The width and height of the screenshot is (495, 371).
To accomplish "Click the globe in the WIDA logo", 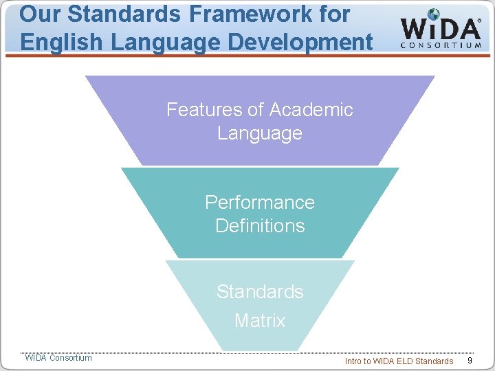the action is click(434, 15).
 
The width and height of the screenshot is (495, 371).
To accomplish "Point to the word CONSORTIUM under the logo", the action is click(441, 45).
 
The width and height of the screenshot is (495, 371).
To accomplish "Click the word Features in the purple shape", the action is click(204, 110).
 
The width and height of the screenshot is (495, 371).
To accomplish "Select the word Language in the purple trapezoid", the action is click(260, 133).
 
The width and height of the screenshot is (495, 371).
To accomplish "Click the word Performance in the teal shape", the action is click(260, 202).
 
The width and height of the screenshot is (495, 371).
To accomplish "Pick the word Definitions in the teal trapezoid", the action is click(260, 225).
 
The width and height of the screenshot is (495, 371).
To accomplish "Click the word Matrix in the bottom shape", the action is click(260, 320).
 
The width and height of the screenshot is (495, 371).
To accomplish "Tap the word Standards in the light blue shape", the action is click(260, 291).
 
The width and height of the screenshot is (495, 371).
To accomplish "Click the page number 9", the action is click(470, 361).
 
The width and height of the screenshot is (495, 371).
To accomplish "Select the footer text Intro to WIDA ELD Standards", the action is click(399, 361).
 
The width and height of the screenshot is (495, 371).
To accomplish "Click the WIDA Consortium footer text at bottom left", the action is click(58, 357).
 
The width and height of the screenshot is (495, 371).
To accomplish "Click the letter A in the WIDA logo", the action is click(468, 29).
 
